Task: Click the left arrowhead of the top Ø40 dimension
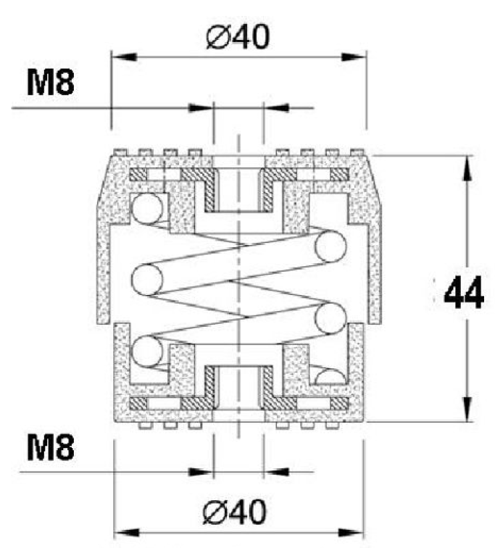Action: pyautogui.click(x=122, y=56)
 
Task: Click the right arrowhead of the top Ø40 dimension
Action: pyautogui.click(x=355, y=56)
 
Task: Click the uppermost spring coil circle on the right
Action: pyautogui.click(x=329, y=246)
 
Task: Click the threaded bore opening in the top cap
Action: pyautogui.click(x=238, y=190)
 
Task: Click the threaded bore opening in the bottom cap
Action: pyautogui.click(x=238, y=388)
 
